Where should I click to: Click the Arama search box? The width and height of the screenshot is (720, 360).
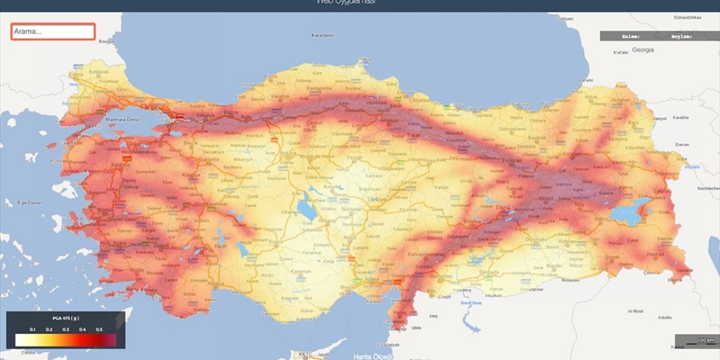pos(53,31)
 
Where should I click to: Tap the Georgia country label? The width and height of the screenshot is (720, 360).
pos(642,50)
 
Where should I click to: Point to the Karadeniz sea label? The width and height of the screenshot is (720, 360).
pos(323,35)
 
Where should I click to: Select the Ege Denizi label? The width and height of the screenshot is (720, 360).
pos(30,202)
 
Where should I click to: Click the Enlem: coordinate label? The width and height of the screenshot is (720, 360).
pos(629,36)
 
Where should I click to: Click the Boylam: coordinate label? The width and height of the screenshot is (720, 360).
pos(681,36)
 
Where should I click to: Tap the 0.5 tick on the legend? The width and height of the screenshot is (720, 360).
pos(99,329)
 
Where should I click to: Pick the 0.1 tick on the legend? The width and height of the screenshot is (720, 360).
pos(33,329)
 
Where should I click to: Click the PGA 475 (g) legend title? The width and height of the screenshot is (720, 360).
pos(65,318)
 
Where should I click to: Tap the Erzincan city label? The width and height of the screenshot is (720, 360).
pos(512,161)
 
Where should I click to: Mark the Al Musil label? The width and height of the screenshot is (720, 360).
pos(636,310)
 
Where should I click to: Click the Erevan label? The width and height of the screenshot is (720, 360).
pos(682,144)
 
